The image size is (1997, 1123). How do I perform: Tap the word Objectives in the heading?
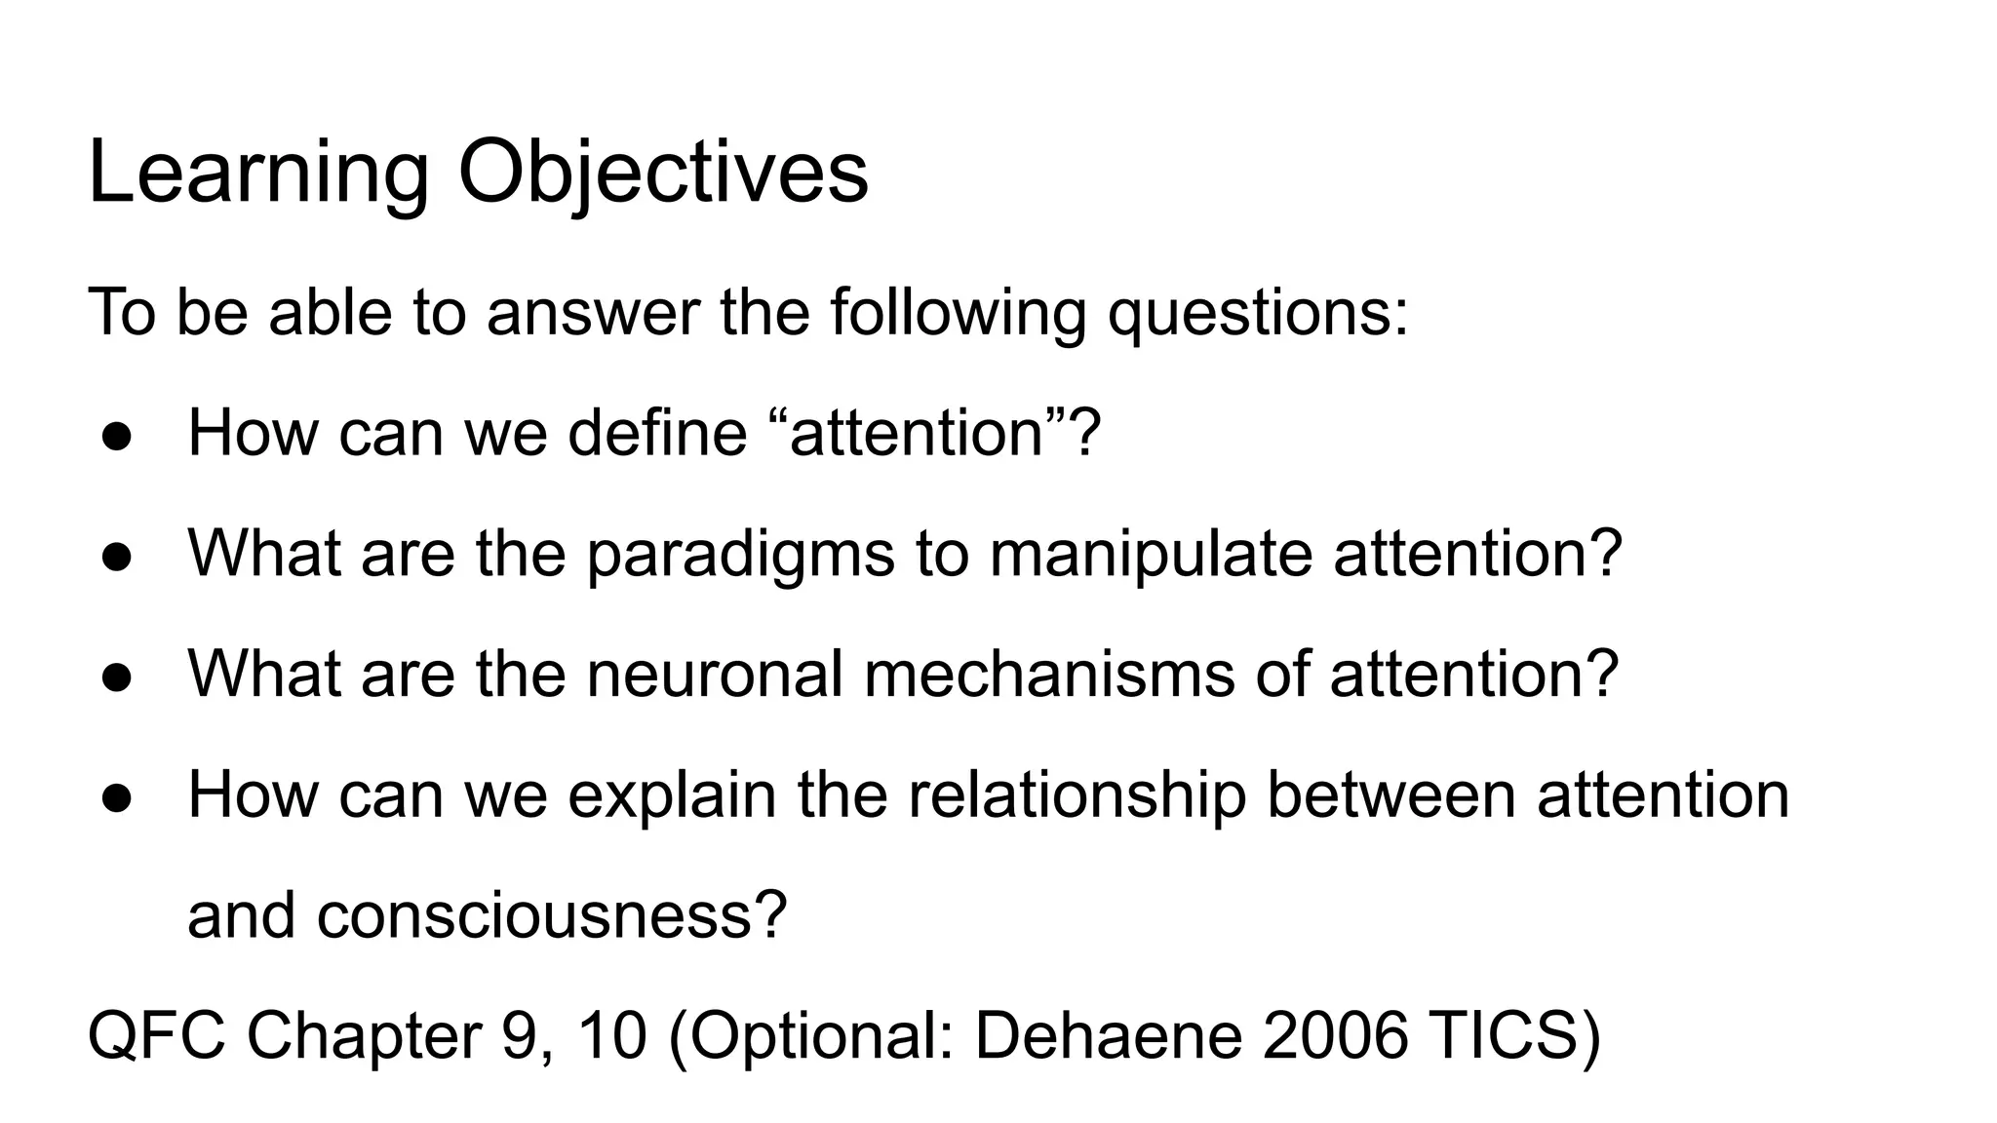click(x=663, y=174)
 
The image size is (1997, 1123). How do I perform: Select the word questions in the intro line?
click(x=1258, y=313)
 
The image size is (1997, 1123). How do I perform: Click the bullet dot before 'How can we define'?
click(x=116, y=437)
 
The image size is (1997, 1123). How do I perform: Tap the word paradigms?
click(x=740, y=553)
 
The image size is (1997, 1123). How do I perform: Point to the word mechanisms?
click(x=1049, y=674)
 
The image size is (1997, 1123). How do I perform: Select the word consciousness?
click(x=551, y=915)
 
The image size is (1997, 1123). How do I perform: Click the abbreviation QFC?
click(x=156, y=1035)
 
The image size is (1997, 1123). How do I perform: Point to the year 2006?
click(x=1335, y=1035)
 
